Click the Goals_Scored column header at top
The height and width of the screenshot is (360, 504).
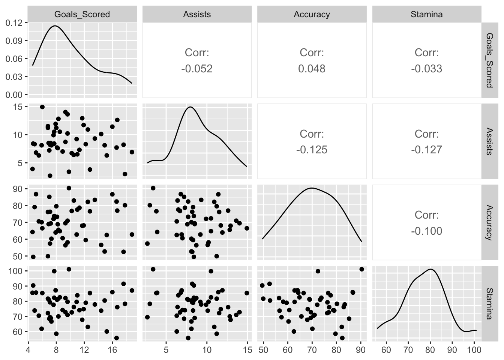(x=82, y=14)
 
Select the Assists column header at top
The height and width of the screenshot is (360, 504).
(x=197, y=14)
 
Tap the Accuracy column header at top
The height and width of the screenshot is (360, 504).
(x=312, y=14)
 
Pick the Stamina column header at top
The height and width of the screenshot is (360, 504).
(x=426, y=14)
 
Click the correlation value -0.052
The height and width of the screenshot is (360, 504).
(x=197, y=69)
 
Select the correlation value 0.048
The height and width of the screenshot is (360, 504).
(x=312, y=69)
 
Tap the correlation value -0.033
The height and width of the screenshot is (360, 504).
(x=426, y=69)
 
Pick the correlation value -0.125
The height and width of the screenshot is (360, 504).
(x=312, y=150)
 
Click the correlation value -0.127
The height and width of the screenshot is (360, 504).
(x=426, y=150)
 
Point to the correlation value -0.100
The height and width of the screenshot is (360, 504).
(x=426, y=231)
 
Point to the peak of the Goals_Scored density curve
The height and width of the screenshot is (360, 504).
(x=55, y=26)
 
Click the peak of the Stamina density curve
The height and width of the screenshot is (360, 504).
(x=430, y=269)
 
